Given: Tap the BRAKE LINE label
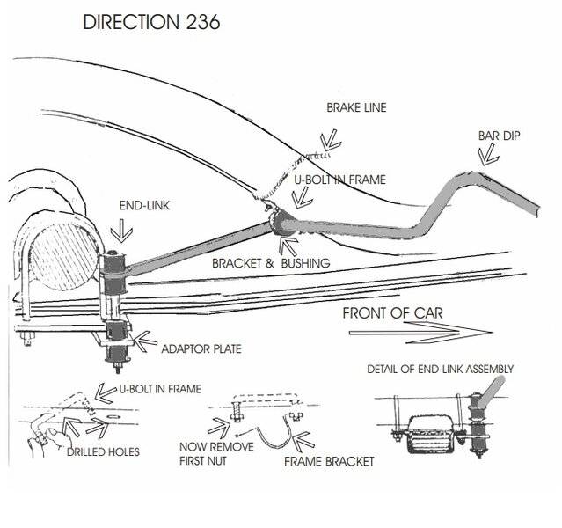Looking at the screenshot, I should (356, 108).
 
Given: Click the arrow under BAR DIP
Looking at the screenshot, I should (484, 156).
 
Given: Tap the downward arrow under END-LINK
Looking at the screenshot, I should (120, 231).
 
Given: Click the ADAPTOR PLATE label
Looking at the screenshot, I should (201, 348).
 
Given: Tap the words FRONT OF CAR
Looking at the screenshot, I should (391, 312).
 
